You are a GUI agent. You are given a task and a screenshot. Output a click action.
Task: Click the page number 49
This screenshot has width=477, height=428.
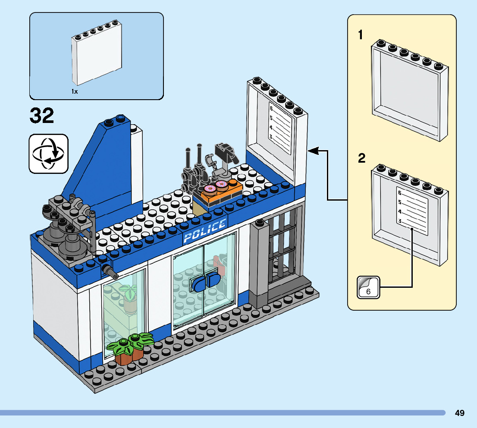(x=459, y=413)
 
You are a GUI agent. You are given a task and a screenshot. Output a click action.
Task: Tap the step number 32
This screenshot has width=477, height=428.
(x=42, y=116)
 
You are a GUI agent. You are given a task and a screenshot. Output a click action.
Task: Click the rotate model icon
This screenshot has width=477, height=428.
(x=48, y=154)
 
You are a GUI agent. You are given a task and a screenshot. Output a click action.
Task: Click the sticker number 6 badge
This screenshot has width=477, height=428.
(x=368, y=287)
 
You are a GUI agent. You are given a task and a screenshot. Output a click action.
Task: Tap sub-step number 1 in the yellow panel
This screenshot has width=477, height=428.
(x=361, y=35)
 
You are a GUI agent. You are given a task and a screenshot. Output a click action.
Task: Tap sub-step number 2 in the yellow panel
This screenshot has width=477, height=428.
(x=361, y=158)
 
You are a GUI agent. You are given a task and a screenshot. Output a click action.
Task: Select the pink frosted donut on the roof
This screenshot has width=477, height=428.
(x=210, y=189)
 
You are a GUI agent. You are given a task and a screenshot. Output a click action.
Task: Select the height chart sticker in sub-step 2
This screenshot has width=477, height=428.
(x=412, y=211)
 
